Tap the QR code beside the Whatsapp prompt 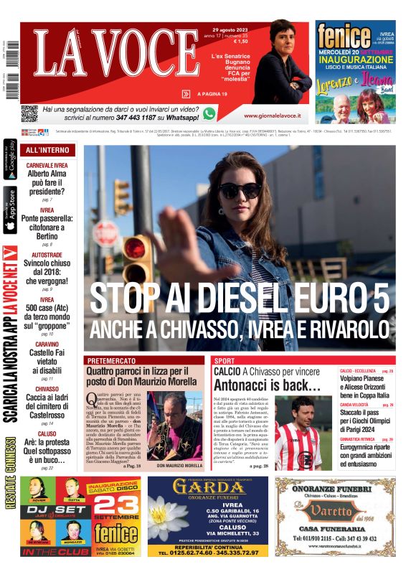point(29,113)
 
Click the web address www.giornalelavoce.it point(271,116)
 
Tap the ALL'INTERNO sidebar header point(47,150)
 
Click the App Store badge point(10,210)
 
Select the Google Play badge point(10,159)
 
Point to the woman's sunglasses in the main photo point(240,190)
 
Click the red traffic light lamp point(134,248)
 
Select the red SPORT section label point(224,360)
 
